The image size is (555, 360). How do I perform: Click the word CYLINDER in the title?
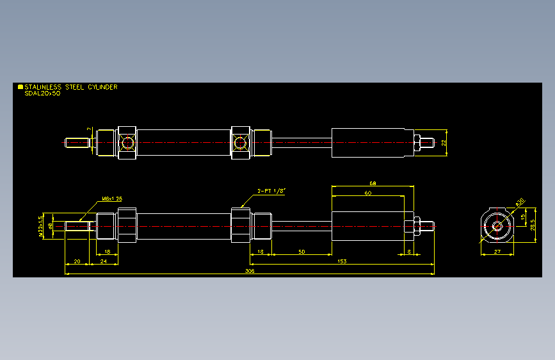pos(102,87)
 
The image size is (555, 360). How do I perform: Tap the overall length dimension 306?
pos(250,272)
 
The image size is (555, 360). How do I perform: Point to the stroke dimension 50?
pos(301,252)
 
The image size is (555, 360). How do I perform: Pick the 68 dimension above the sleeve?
pos(373,183)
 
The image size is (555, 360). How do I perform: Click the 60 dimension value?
pos(367,192)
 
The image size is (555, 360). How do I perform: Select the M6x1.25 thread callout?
pos(111,199)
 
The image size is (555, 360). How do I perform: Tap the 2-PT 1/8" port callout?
pos(271,190)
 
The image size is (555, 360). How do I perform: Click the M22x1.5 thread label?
pos(42,226)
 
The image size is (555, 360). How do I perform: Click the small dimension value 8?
pos(410,252)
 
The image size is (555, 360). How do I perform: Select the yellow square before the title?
pos(20,87)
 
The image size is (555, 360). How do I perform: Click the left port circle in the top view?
pos(126,142)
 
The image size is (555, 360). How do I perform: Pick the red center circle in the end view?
pos(497,225)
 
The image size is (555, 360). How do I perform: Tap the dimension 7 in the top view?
pos(89,129)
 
